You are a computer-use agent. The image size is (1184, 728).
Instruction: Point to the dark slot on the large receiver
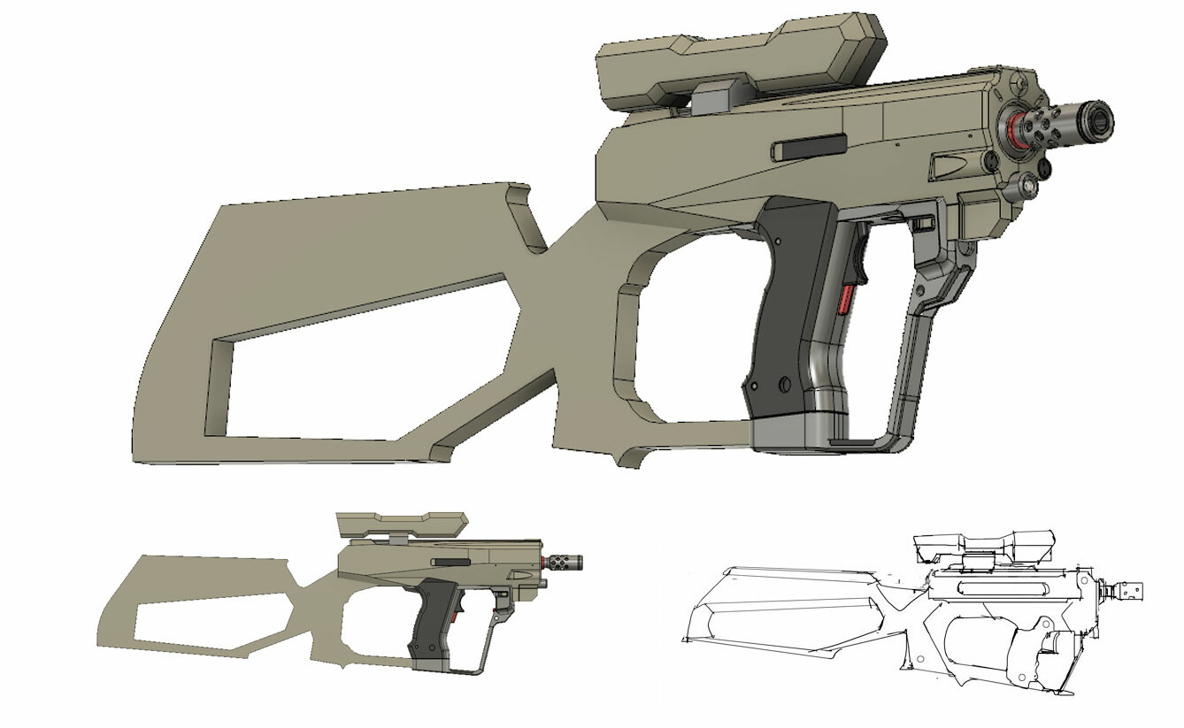coord(807,147)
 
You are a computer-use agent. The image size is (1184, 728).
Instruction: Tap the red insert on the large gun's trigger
coord(844,299)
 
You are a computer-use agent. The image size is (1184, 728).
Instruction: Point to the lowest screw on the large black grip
coord(784,384)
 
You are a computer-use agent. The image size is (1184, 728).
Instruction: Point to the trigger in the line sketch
coord(1049,641)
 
